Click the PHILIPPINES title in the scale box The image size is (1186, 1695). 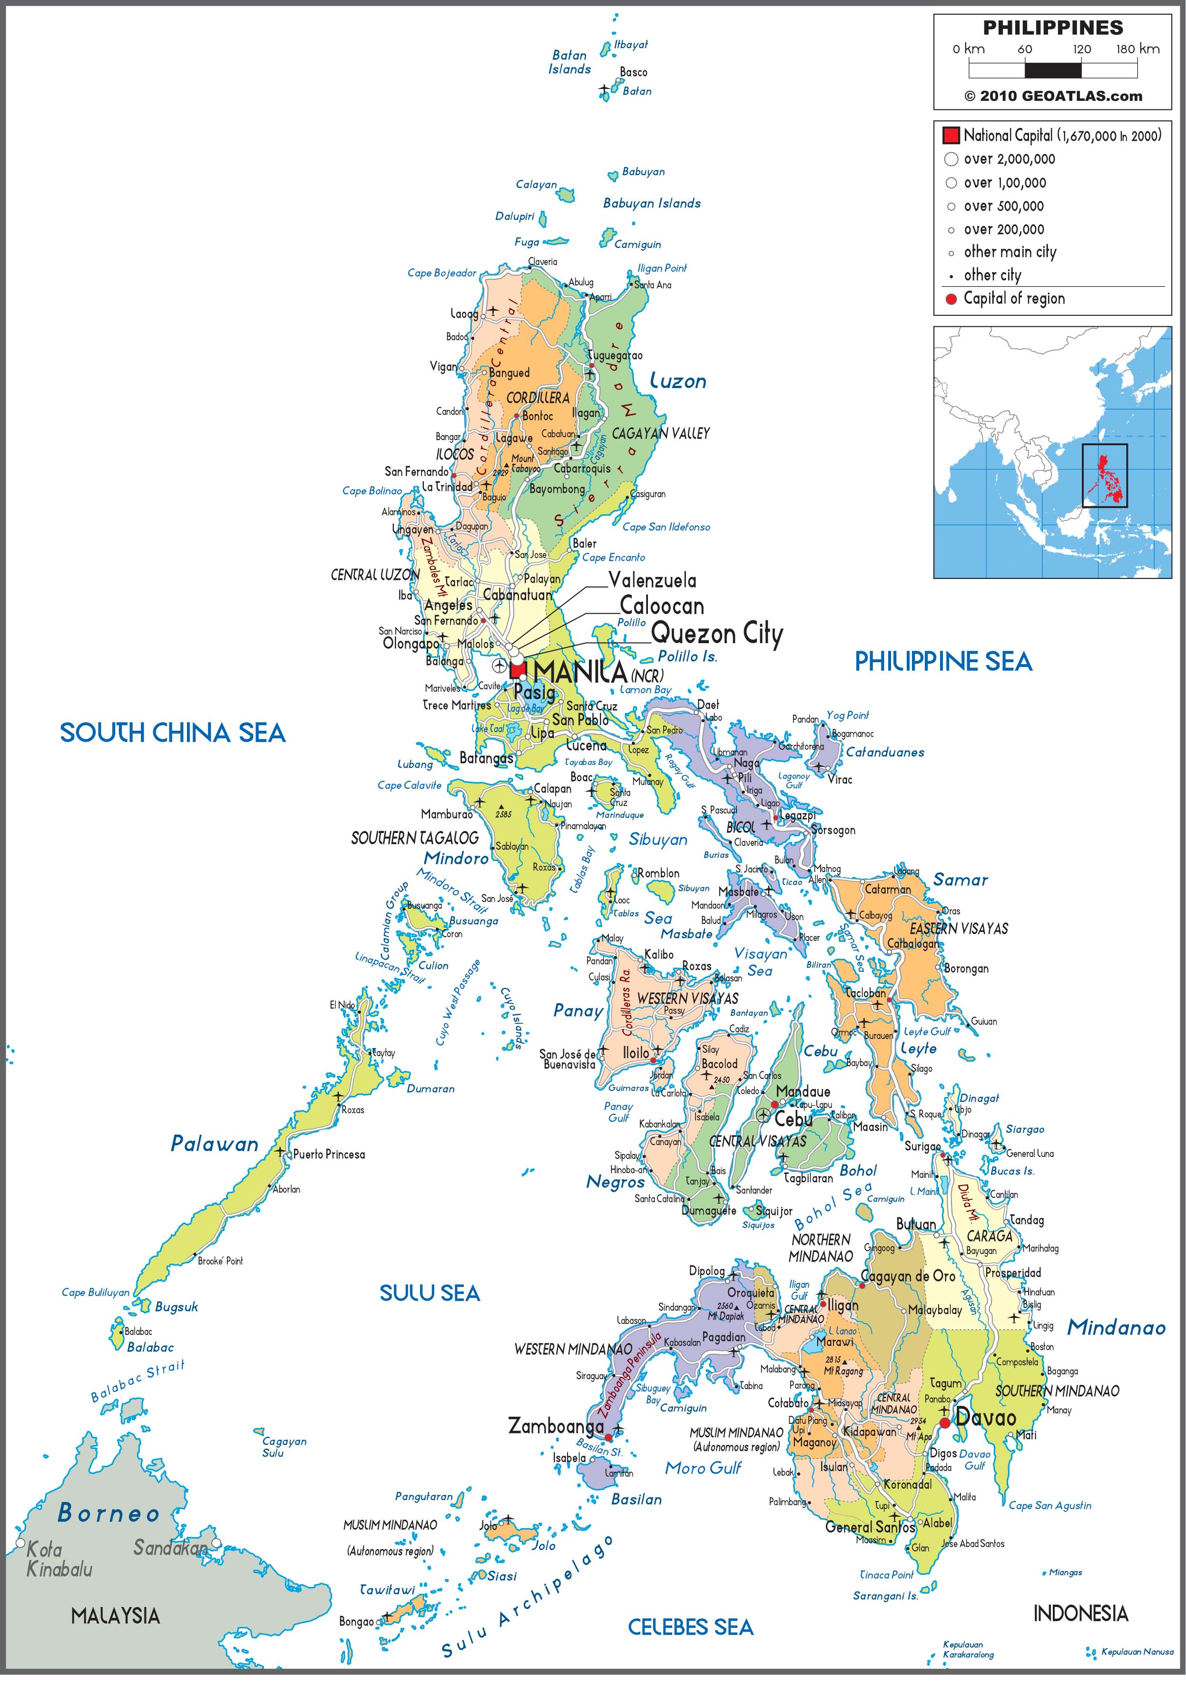tap(1052, 28)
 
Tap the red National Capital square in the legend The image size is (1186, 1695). tap(951, 135)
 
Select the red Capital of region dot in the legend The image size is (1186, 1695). tap(951, 299)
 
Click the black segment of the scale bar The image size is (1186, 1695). tap(1052, 70)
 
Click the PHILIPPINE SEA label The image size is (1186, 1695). tap(943, 661)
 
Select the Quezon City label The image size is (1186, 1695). tap(716, 633)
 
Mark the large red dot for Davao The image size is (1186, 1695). tap(944, 1422)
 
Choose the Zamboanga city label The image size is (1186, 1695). tap(555, 1426)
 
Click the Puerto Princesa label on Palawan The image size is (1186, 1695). tap(329, 1154)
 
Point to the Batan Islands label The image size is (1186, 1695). tap(569, 62)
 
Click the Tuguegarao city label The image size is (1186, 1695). tap(615, 355)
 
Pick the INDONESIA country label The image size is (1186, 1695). tap(1080, 1613)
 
